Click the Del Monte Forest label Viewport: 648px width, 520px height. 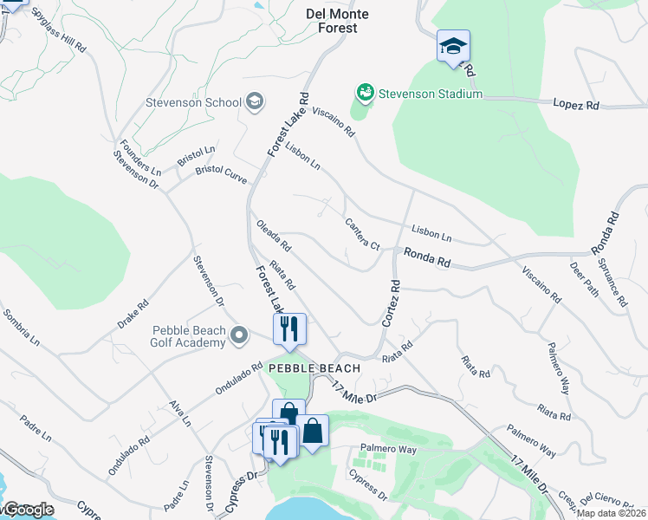pyautogui.click(x=338, y=21)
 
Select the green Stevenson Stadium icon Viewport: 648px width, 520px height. pyautogui.click(x=365, y=93)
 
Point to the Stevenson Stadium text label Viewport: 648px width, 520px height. pyautogui.click(x=431, y=94)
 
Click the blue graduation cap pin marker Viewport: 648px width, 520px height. pyautogui.click(x=453, y=47)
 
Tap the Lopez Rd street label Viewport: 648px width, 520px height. pyautogui.click(x=576, y=104)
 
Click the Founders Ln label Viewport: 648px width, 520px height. pyautogui.click(x=140, y=157)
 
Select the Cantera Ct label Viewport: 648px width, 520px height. pyautogui.click(x=363, y=234)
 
